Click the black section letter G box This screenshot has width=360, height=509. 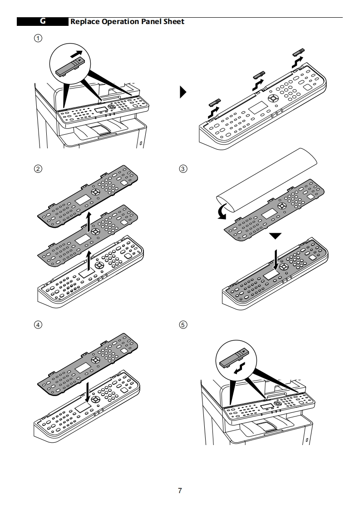point(43,21)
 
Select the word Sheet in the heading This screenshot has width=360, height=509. point(174,22)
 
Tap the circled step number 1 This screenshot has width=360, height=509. point(38,38)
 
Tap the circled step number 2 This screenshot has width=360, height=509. point(38,169)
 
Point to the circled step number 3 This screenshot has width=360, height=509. point(183,169)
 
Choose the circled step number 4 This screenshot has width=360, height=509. point(38,325)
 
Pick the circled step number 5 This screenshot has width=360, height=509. point(183,325)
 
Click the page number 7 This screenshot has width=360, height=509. point(180,490)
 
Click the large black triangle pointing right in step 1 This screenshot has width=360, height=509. point(183,92)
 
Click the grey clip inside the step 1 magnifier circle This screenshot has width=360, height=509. point(70,66)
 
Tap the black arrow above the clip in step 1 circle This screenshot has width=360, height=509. point(76,54)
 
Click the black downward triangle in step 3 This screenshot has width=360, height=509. point(275,235)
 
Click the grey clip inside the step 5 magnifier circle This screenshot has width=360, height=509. point(234,358)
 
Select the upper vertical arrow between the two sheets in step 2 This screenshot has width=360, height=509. point(89,222)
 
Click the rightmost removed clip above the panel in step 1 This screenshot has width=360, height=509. point(298,52)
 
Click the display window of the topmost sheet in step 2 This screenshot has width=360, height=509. point(83,200)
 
